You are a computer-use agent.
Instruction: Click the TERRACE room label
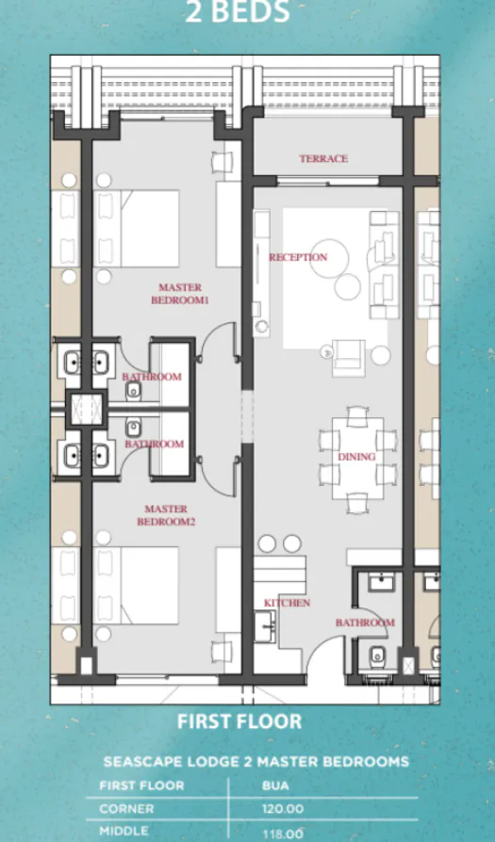[x=323, y=159]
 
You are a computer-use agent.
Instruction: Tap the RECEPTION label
[x=298, y=257]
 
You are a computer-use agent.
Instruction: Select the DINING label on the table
[x=357, y=457]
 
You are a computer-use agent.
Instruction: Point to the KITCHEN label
[x=288, y=603]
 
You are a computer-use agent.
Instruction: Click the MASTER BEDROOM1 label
[x=180, y=294]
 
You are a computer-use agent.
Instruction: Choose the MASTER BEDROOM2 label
[x=166, y=515]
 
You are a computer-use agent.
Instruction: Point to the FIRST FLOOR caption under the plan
[x=239, y=722]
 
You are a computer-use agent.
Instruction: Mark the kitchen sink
[x=264, y=624]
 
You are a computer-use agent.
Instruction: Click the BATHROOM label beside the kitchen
[x=365, y=623]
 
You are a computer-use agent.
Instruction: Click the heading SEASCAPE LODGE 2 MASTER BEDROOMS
[x=256, y=760]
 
